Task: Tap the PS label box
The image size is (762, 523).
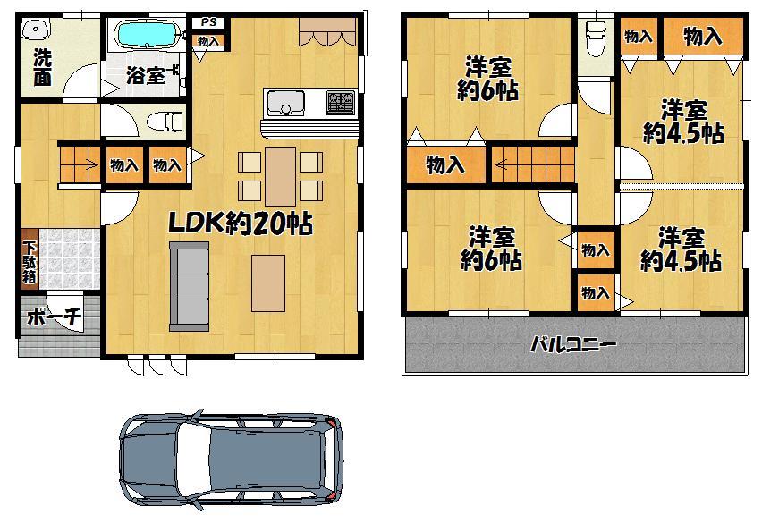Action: [x=207, y=22]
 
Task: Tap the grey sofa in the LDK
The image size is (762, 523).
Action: [x=189, y=285]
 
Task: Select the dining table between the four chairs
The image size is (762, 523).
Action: [x=280, y=175]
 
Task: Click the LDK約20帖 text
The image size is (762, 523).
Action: [x=241, y=223]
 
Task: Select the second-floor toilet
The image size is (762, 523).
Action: [x=595, y=40]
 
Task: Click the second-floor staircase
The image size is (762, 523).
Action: [x=531, y=164]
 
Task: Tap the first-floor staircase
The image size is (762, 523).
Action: [x=80, y=165]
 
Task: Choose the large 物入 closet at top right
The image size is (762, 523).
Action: [x=702, y=37]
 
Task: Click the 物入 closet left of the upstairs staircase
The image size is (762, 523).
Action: [x=444, y=164]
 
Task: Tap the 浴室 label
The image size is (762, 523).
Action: [x=142, y=74]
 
